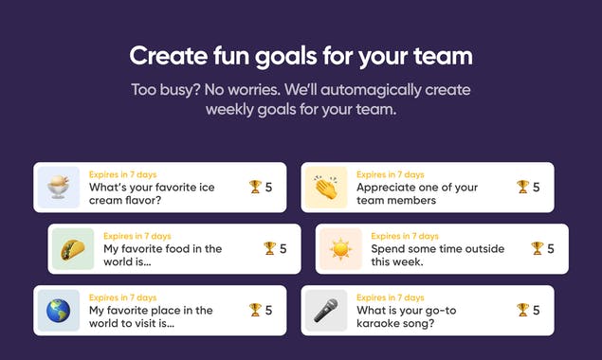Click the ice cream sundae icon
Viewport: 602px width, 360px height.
click(59, 187)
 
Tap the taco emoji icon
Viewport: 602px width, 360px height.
click(73, 248)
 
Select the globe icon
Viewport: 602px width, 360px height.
click(59, 310)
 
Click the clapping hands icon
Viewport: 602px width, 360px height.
click(326, 187)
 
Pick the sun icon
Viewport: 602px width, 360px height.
click(340, 248)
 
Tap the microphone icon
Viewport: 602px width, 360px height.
click(326, 310)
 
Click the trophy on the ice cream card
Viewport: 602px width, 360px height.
click(255, 187)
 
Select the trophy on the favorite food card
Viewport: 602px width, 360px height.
click(269, 248)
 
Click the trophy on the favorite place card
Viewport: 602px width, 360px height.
click(255, 310)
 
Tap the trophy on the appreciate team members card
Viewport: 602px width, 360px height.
click(522, 187)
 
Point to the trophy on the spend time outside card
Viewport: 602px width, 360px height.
click(537, 248)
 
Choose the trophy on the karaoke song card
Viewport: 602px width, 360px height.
click(522, 310)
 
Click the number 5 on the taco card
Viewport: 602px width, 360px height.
click(283, 248)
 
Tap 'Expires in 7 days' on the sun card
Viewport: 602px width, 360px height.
click(405, 236)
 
